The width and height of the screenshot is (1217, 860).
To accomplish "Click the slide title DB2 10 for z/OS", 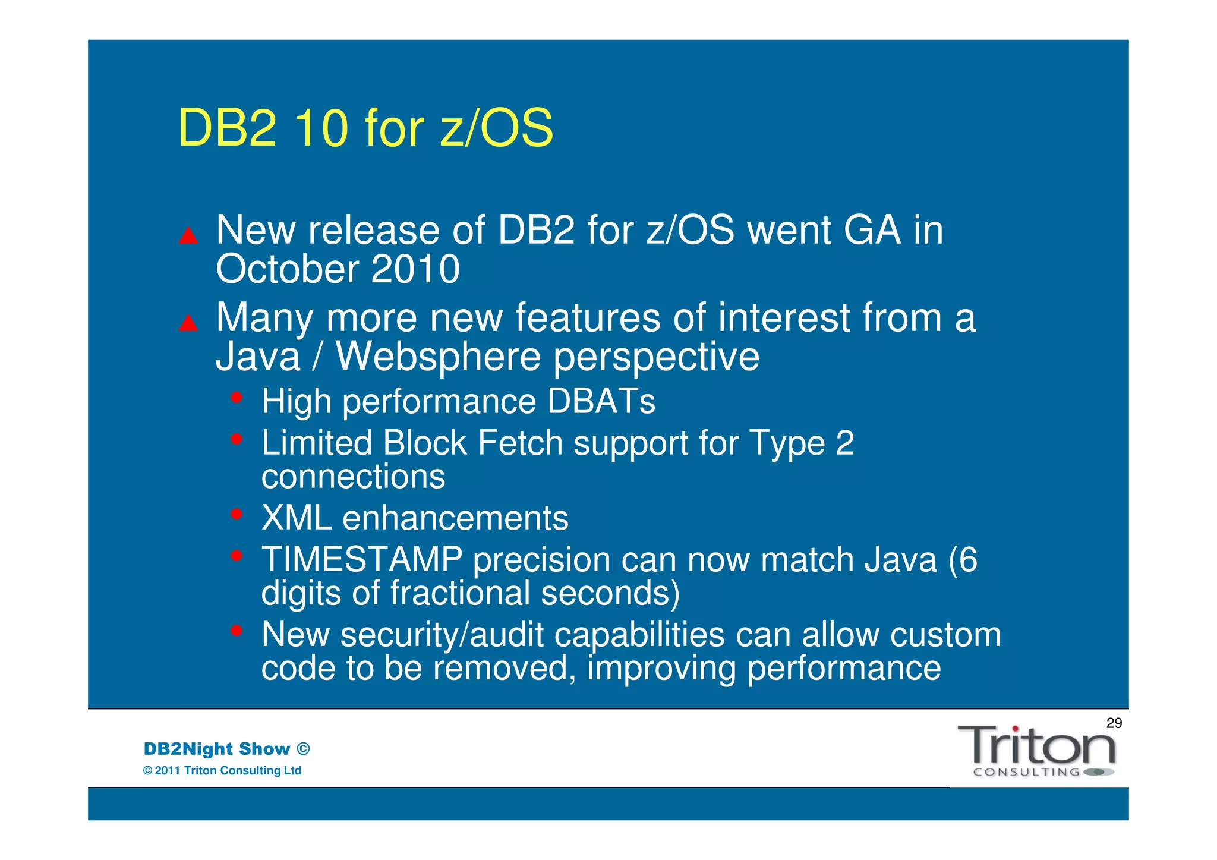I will click(x=365, y=128).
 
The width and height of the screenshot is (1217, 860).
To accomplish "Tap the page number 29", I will click(x=1114, y=723).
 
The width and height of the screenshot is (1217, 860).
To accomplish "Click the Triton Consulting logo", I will click(x=1036, y=751).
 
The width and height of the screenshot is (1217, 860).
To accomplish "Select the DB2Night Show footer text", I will click(x=226, y=749).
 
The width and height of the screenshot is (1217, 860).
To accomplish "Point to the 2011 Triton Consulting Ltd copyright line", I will click(x=222, y=771).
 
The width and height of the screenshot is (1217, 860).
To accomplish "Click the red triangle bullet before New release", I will click(x=188, y=236).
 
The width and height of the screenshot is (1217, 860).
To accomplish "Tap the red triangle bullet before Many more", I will click(x=188, y=323).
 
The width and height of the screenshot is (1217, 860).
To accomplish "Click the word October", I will click(x=287, y=269).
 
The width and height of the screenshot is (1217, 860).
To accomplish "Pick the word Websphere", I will click(x=439, y=357).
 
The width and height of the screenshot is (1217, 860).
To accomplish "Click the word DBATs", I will click(x=601, y=401).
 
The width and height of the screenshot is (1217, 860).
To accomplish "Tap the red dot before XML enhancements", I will click(x=237, y=514).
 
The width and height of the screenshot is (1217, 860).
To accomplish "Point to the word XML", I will click(x=297, y=518).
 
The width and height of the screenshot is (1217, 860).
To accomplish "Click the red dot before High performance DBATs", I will click(x=237, y=397).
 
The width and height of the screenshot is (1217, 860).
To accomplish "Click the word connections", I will click(x=353, y=477).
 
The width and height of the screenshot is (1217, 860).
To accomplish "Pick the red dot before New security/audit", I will click(x=237, y=630).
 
